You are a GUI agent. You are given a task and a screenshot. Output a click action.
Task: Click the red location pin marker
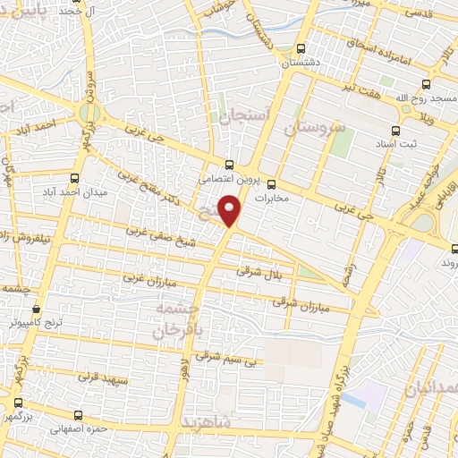coord(231,211)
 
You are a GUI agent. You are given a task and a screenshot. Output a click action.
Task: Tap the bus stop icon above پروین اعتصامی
coord(230,165)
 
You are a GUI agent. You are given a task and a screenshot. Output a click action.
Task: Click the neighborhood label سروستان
coord(314,128)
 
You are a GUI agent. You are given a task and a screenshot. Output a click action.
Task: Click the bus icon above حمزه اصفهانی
coord(79,415)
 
